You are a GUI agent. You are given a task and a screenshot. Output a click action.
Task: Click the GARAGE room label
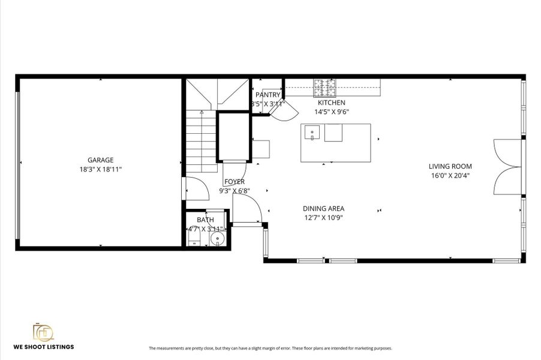coord(100,160)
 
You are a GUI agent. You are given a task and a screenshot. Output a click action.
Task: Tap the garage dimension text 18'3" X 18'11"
coord(100,170)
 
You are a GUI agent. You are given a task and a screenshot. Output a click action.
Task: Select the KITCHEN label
coord(331,103)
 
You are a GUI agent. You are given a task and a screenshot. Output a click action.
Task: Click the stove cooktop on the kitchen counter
coord(325,88)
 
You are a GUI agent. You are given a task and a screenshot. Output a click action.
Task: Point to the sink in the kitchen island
coord(311,132)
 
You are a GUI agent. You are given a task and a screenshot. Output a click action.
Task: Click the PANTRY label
coord(268,95)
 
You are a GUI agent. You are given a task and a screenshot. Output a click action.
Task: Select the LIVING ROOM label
coord(450,166)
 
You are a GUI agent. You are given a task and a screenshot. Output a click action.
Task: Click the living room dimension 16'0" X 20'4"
coord(450,176)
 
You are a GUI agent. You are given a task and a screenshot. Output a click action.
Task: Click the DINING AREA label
coord(323,209)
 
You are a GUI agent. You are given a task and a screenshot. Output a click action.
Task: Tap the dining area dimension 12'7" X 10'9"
coord(323,218)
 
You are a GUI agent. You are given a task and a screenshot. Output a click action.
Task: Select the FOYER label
coord(234,182)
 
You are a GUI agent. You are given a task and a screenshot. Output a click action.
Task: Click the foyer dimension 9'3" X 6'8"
coord(234,191)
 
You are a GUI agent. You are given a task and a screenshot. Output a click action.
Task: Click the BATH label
coord(205,220)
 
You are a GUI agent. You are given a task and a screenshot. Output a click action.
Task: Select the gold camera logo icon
coord(43,332)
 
